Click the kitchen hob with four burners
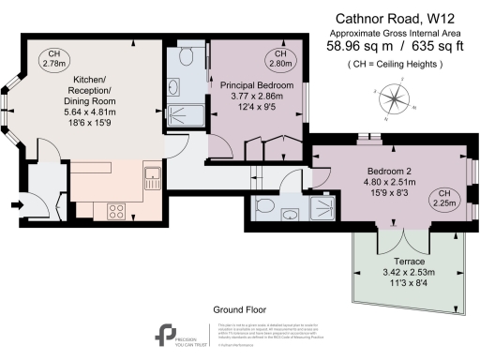tap(119, 210)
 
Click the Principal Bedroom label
tap(256, 85)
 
